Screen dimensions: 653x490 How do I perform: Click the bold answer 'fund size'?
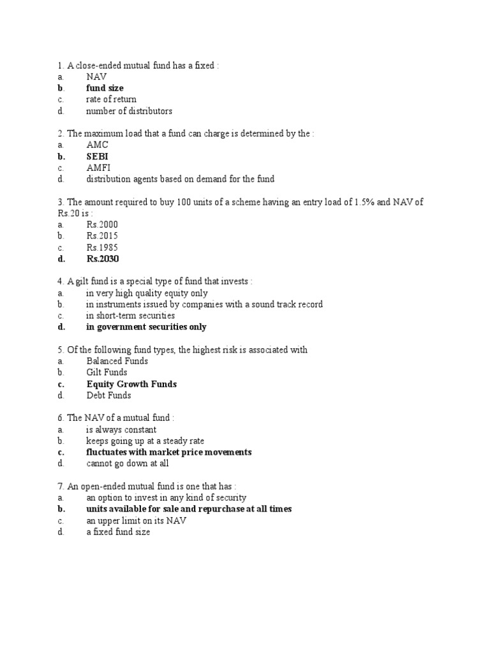105,88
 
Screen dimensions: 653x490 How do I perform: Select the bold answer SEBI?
98,156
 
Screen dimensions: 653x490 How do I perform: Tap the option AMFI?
98,168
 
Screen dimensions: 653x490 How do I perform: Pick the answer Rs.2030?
103,259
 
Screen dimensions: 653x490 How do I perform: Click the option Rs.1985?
102,247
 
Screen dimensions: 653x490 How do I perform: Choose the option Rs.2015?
102,236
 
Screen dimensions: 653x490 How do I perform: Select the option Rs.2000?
102,224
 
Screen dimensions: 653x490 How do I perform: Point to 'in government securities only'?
147,327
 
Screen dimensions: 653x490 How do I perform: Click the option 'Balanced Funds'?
117,361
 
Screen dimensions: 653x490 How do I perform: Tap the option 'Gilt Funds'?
107,372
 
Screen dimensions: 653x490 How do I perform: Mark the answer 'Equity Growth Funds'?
131,384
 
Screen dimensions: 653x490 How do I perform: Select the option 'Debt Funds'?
108,395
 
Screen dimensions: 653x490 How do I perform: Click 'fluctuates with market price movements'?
169,452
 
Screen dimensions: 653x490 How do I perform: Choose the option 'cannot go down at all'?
128,464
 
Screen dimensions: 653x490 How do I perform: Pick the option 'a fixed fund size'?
119,532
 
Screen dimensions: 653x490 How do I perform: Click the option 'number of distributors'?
130,111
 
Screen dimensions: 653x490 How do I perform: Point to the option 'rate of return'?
112,99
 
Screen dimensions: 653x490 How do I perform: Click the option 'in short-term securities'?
131,316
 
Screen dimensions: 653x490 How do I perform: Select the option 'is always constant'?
121,430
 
